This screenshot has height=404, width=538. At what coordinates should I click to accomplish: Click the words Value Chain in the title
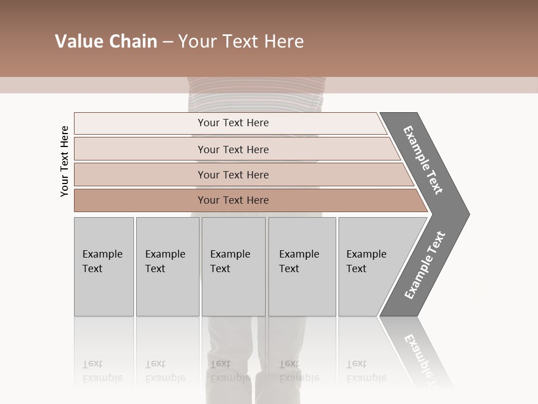click(106, 42)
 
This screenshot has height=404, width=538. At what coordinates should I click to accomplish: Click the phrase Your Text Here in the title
click(241, 42)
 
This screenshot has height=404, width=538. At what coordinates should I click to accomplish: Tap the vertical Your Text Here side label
click(64, 161)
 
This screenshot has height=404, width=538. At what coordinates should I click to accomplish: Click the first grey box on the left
click(104, 292)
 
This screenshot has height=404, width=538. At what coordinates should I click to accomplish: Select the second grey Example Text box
click(168, 292)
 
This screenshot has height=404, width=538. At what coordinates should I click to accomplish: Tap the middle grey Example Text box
click(233, 292)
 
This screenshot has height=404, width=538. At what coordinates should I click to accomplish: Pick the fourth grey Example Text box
click(302, 292)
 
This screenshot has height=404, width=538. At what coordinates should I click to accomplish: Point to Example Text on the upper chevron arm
click(423, 159)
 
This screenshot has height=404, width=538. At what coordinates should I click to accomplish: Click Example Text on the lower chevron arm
click(425, 265)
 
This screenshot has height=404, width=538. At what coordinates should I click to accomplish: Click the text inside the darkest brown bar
click(233, 200)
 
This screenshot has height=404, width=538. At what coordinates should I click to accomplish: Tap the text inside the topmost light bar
click(233, 123)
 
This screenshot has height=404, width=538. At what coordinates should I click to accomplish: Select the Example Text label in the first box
click(102, 261)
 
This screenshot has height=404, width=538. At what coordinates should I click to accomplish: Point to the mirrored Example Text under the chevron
click(420, 353)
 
